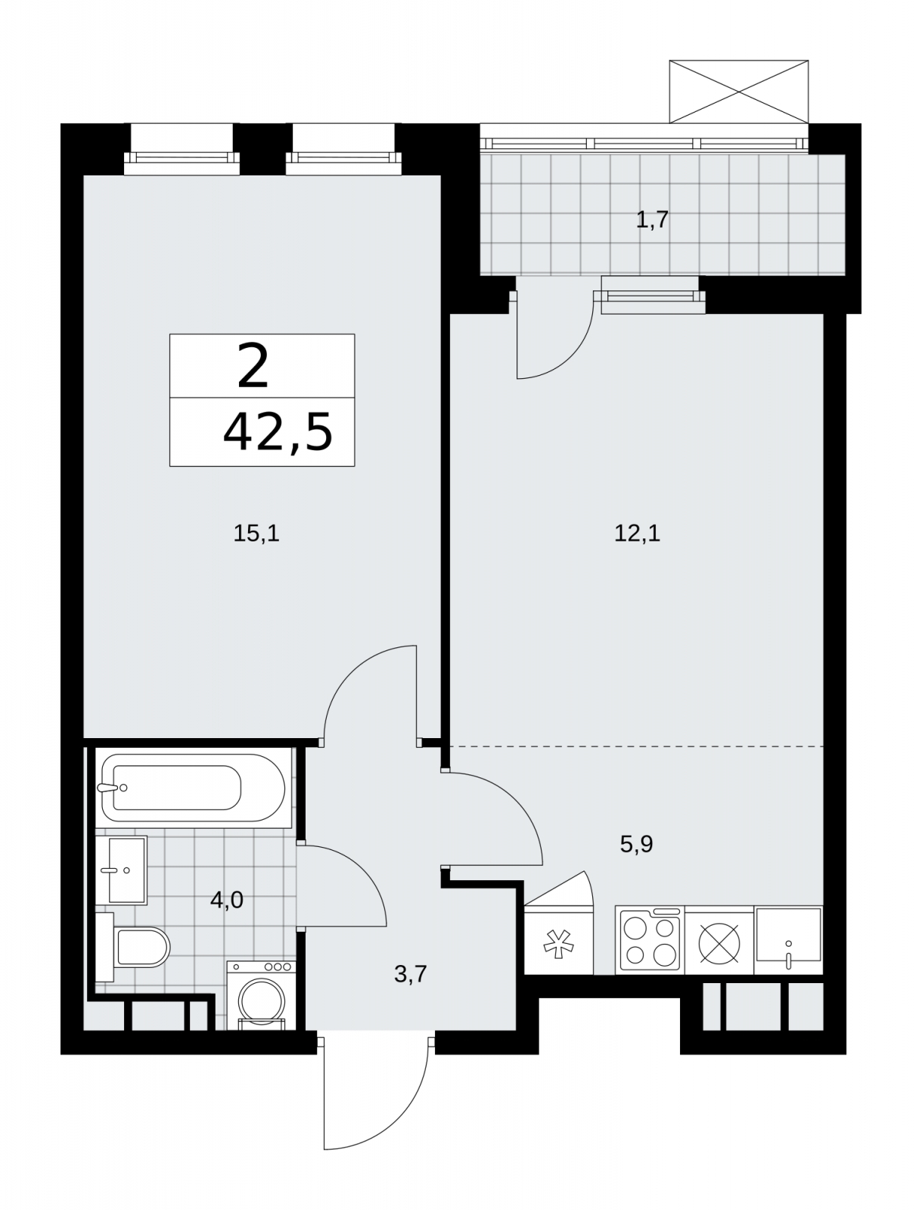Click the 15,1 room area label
(x=256, y=534)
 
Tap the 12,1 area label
(x=637, y=534)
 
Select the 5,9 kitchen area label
(x=637, y=844)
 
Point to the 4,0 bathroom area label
(x=226, y=900)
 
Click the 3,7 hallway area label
(x=411, y=974)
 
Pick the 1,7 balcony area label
(x=653, y=219)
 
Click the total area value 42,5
(x=278, y=433)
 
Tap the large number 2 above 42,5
(x=253, y=365)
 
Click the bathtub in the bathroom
(x=194, y=787)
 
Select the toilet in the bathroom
(x=133, y=947)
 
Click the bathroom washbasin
(x=121, y=870)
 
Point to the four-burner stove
(x=650, y=940)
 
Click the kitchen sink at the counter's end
(x=788, y=940)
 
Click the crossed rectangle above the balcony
(x=738, y=92)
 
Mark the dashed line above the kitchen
(x=637, y=746)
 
